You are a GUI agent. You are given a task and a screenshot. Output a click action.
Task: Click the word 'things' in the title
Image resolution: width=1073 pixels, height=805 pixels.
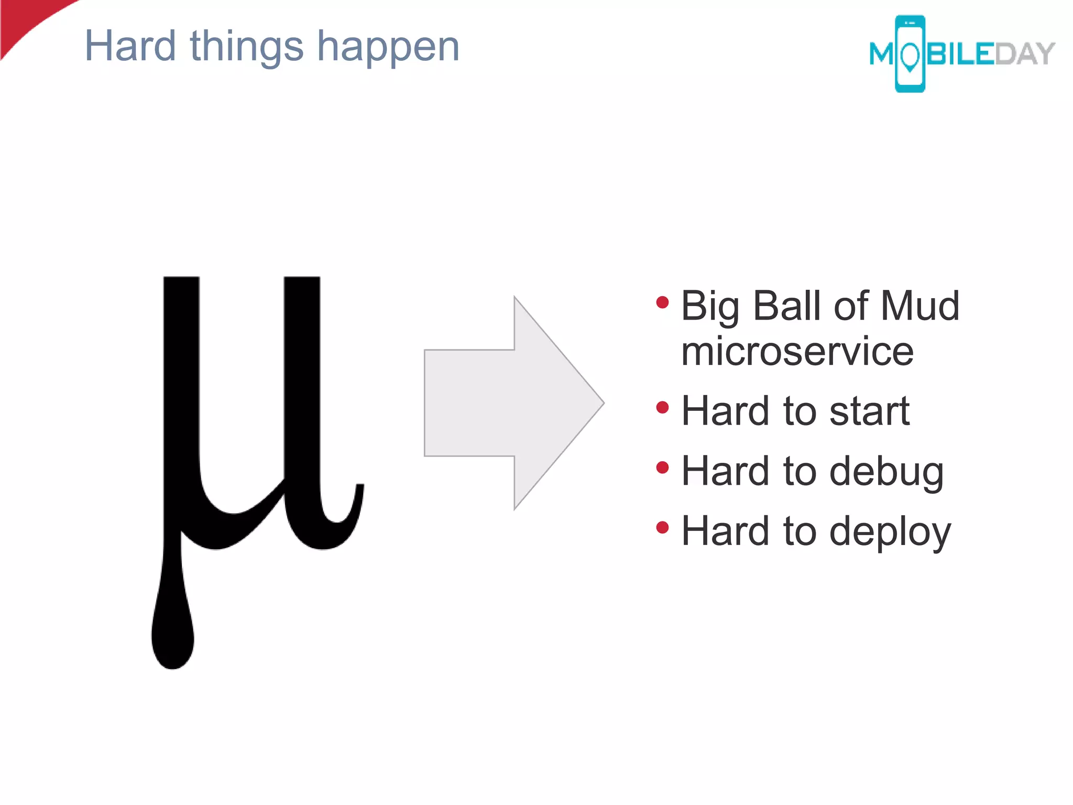(x=246, y=47)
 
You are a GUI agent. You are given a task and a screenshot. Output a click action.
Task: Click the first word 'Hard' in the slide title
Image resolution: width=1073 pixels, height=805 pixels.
(x=130, y=46)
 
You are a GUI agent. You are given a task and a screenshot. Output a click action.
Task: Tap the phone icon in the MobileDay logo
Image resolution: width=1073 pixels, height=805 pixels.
(x=910, y=54)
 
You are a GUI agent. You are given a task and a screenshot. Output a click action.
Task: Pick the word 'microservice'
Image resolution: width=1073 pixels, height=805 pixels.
(x=797, y=351)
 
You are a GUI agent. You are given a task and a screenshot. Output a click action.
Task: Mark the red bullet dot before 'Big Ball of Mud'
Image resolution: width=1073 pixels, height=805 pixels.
(x=663, y=302)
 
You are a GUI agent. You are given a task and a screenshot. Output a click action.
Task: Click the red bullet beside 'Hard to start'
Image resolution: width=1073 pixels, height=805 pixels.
(x=663, y=407)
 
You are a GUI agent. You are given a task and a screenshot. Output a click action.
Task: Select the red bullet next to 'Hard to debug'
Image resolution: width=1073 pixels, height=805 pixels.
(x=663, y=467)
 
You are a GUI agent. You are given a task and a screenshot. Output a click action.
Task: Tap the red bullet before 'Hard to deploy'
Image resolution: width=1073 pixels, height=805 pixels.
(x=663, y=527)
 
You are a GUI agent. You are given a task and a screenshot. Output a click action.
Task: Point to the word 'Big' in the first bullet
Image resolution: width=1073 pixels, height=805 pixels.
(x=710, y=307)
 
